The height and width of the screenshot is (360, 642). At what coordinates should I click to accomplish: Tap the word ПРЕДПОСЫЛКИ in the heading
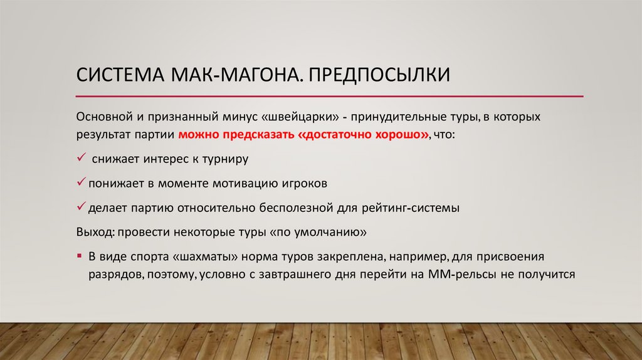point(379,76)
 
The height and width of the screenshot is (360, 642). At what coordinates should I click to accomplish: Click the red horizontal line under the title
point(329,96)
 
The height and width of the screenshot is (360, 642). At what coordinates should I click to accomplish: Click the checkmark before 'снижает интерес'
point(81,158)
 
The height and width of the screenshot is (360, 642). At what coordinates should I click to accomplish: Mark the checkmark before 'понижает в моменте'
point(81,184)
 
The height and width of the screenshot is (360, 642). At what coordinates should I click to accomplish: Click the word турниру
point(225,159)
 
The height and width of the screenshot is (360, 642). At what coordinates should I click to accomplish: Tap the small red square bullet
point(80,257)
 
